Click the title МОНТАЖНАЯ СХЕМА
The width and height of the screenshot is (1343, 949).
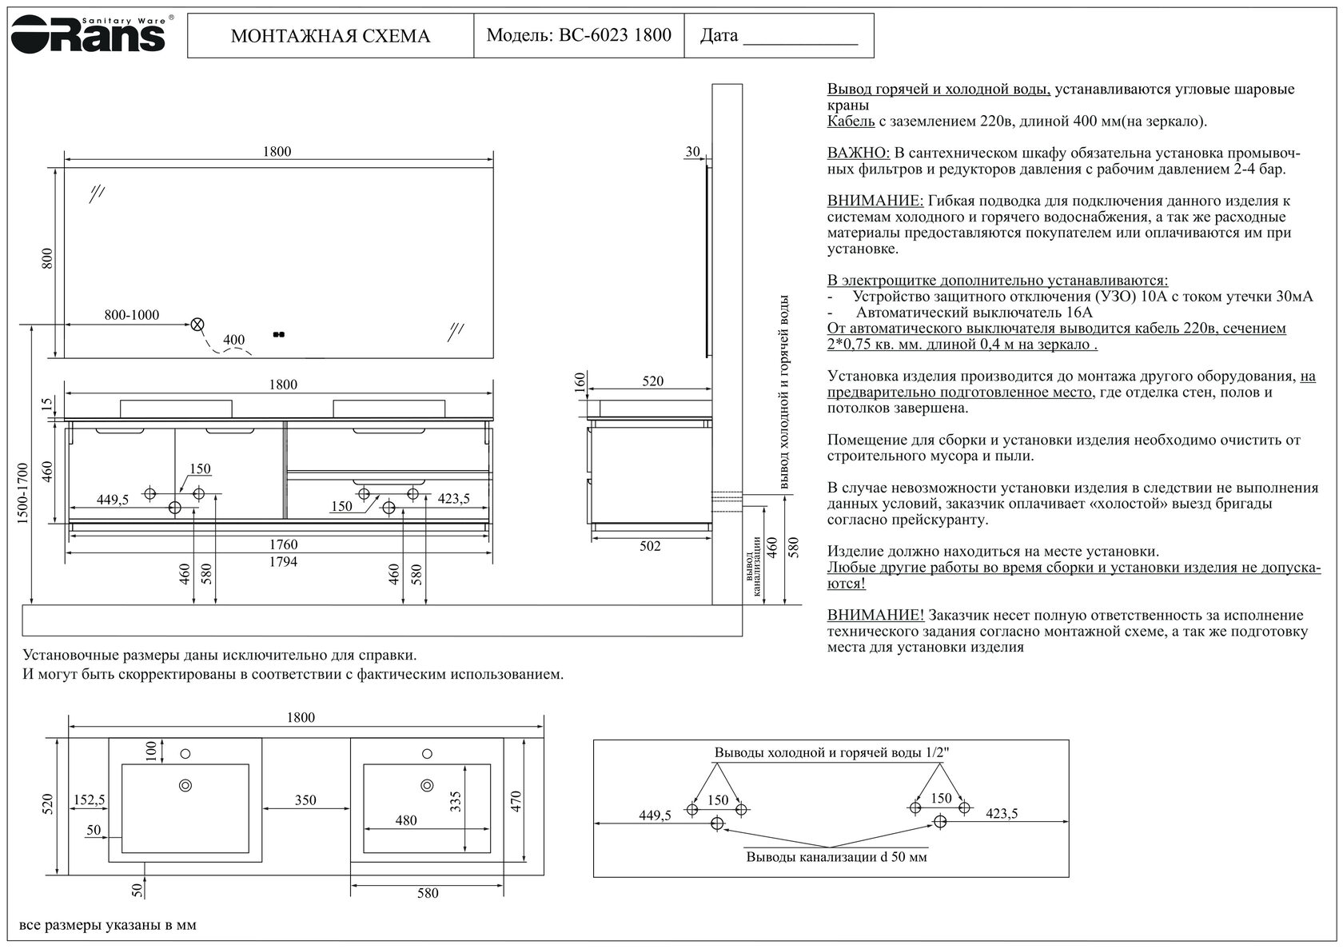[x=330, y=36]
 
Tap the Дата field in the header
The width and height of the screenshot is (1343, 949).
[x=779, y=36]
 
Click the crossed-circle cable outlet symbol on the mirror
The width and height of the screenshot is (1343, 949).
[x=197, y=325]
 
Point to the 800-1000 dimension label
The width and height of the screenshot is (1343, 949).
[x=131, y=315]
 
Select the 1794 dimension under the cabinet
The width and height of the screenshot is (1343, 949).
[x=282, y=562]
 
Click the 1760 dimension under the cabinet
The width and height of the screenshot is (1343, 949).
[x=282, y=545]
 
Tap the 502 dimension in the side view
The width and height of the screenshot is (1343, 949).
[x=650, y=547]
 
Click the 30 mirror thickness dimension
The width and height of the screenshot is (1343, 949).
[x=692, y=152]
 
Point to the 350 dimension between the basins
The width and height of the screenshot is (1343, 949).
[x=305, y=800]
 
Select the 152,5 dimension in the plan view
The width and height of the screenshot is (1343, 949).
[x=89, y=800]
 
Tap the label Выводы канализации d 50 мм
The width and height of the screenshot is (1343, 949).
[x=836, y=857]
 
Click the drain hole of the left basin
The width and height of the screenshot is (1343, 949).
[x=185, y=785]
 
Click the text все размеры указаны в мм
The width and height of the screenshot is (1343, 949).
[x=108, y=926]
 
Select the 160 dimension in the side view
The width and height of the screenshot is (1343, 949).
[x=580, y=382]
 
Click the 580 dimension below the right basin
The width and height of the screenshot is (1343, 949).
[x=428, y=893]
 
